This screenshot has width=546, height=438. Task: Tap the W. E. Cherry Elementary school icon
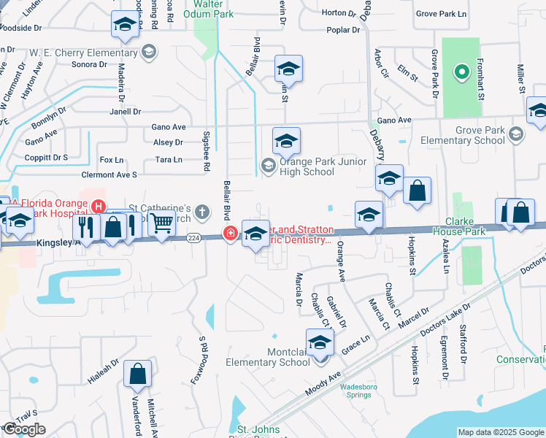150,52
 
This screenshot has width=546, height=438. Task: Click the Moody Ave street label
324,385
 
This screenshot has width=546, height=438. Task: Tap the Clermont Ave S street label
109,174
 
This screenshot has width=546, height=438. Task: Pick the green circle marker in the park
461,72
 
